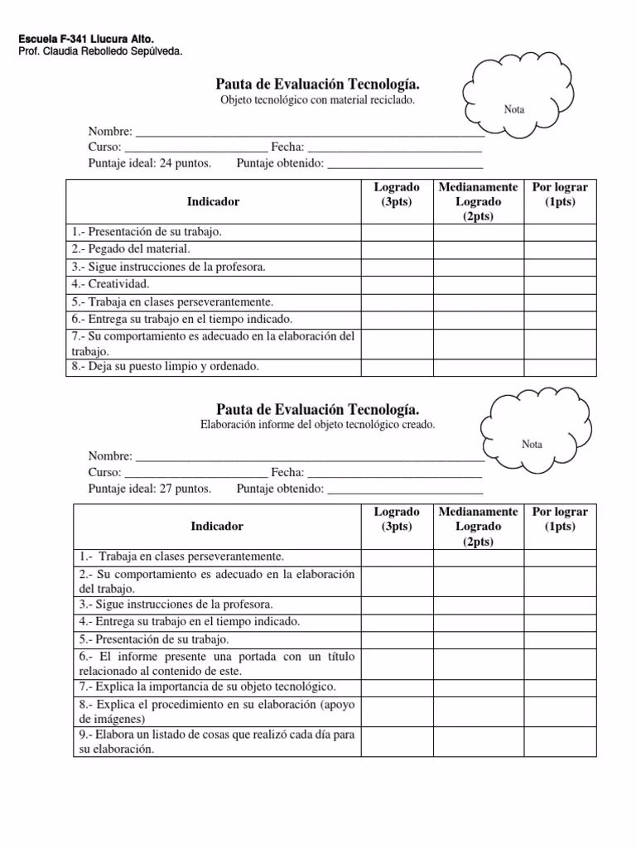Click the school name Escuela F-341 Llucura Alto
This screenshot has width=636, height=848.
[85, 39]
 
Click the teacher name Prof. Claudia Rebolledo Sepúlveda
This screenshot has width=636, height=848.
[99, 51]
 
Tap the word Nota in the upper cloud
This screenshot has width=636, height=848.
[514, 109]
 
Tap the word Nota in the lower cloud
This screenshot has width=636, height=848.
[532, 444]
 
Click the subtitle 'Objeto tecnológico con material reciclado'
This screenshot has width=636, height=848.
[317, 100]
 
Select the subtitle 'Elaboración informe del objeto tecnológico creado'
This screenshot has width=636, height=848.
[317, 424]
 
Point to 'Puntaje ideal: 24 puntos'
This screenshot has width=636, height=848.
[150, 162]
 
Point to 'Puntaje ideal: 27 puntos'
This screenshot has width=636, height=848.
[150, 488]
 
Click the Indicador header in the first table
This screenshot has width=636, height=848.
[213, 201]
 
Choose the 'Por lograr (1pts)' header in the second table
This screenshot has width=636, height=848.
[560, 519]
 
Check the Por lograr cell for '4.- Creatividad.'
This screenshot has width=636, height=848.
[560, 284]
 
